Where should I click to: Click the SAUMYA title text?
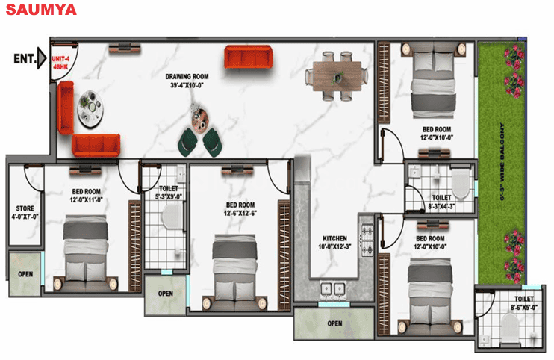(41, 10)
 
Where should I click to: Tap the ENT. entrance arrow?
(42, 58)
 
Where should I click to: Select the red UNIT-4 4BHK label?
(60, 63)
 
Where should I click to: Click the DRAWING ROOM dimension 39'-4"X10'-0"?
(187, 85)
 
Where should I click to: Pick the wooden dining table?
(337, 76)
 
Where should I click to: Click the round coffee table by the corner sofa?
(91, 108)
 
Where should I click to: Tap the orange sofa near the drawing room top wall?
(249, 57)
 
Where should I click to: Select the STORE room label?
(25, 212)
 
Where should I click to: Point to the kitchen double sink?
(333, 289)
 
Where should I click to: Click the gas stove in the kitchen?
(367, 240)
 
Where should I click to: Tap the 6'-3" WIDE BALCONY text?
(502, 162)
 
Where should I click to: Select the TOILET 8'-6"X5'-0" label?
(523, 303)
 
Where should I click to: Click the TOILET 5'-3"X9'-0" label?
(169, 193)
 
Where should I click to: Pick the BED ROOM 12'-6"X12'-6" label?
(240, 209)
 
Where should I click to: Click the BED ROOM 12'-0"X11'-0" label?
(86, 196)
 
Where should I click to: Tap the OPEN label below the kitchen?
(334, 323)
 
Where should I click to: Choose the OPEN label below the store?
(25, 274)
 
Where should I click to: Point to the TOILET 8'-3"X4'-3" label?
(441, 202)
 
